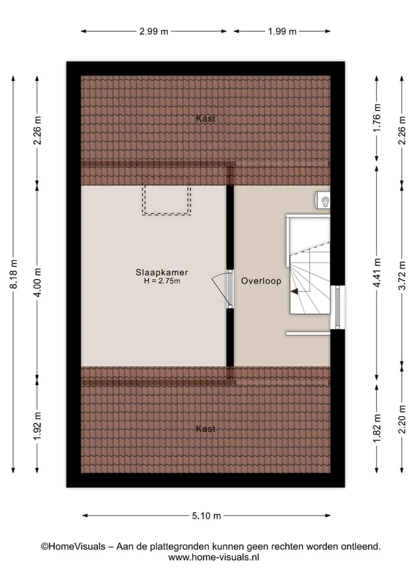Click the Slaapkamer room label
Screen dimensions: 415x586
[x=161, y=273]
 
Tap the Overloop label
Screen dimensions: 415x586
[x=261, y=281]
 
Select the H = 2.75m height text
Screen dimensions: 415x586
[x=162, y=281]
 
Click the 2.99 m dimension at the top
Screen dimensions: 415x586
[x=154, y=31]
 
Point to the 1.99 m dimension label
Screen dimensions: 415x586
[x=282, y=31]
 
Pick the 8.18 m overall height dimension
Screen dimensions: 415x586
[x=13, y=274]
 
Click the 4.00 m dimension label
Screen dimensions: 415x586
[x=37, y=282]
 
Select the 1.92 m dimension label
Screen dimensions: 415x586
[x=37, y=426]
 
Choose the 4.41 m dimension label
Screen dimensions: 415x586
[x=377, y=273]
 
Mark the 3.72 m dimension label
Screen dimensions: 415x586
[x=402, y=275]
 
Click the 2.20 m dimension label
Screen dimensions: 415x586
[x=402, y=419]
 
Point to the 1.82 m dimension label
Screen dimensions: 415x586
[x=377, y=428]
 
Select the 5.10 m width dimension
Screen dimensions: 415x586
[x=206, y=516]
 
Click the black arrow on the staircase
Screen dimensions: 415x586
[x=295, y=291]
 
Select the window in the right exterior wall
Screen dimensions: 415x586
[x=338, y=307]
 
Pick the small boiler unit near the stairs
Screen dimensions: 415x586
[x=323, y=201]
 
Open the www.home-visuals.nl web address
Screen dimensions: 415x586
[x=213, y=557]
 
